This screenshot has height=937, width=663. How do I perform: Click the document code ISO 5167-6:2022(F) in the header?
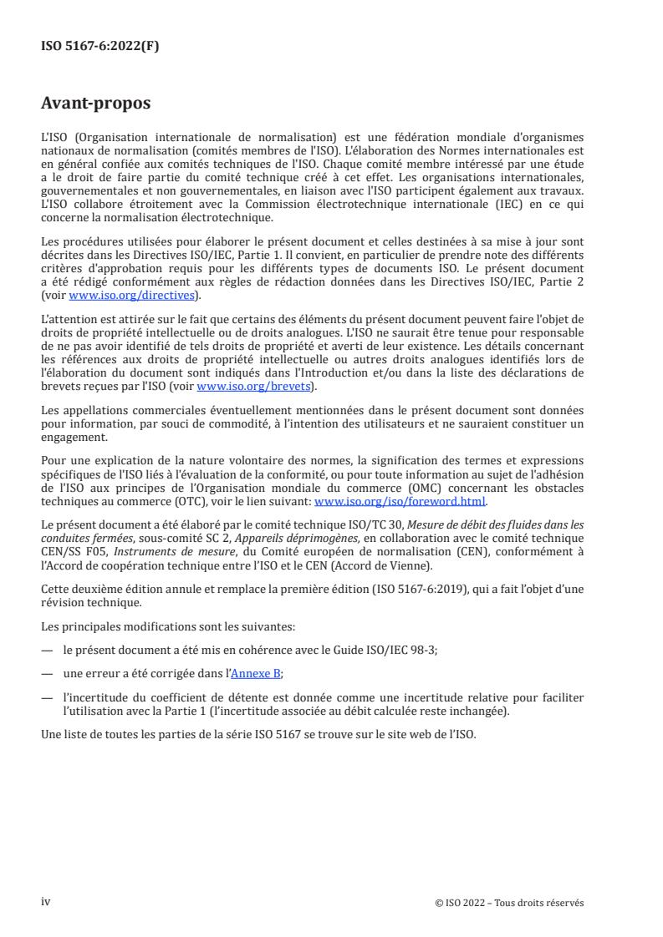(x=100, y=47)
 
